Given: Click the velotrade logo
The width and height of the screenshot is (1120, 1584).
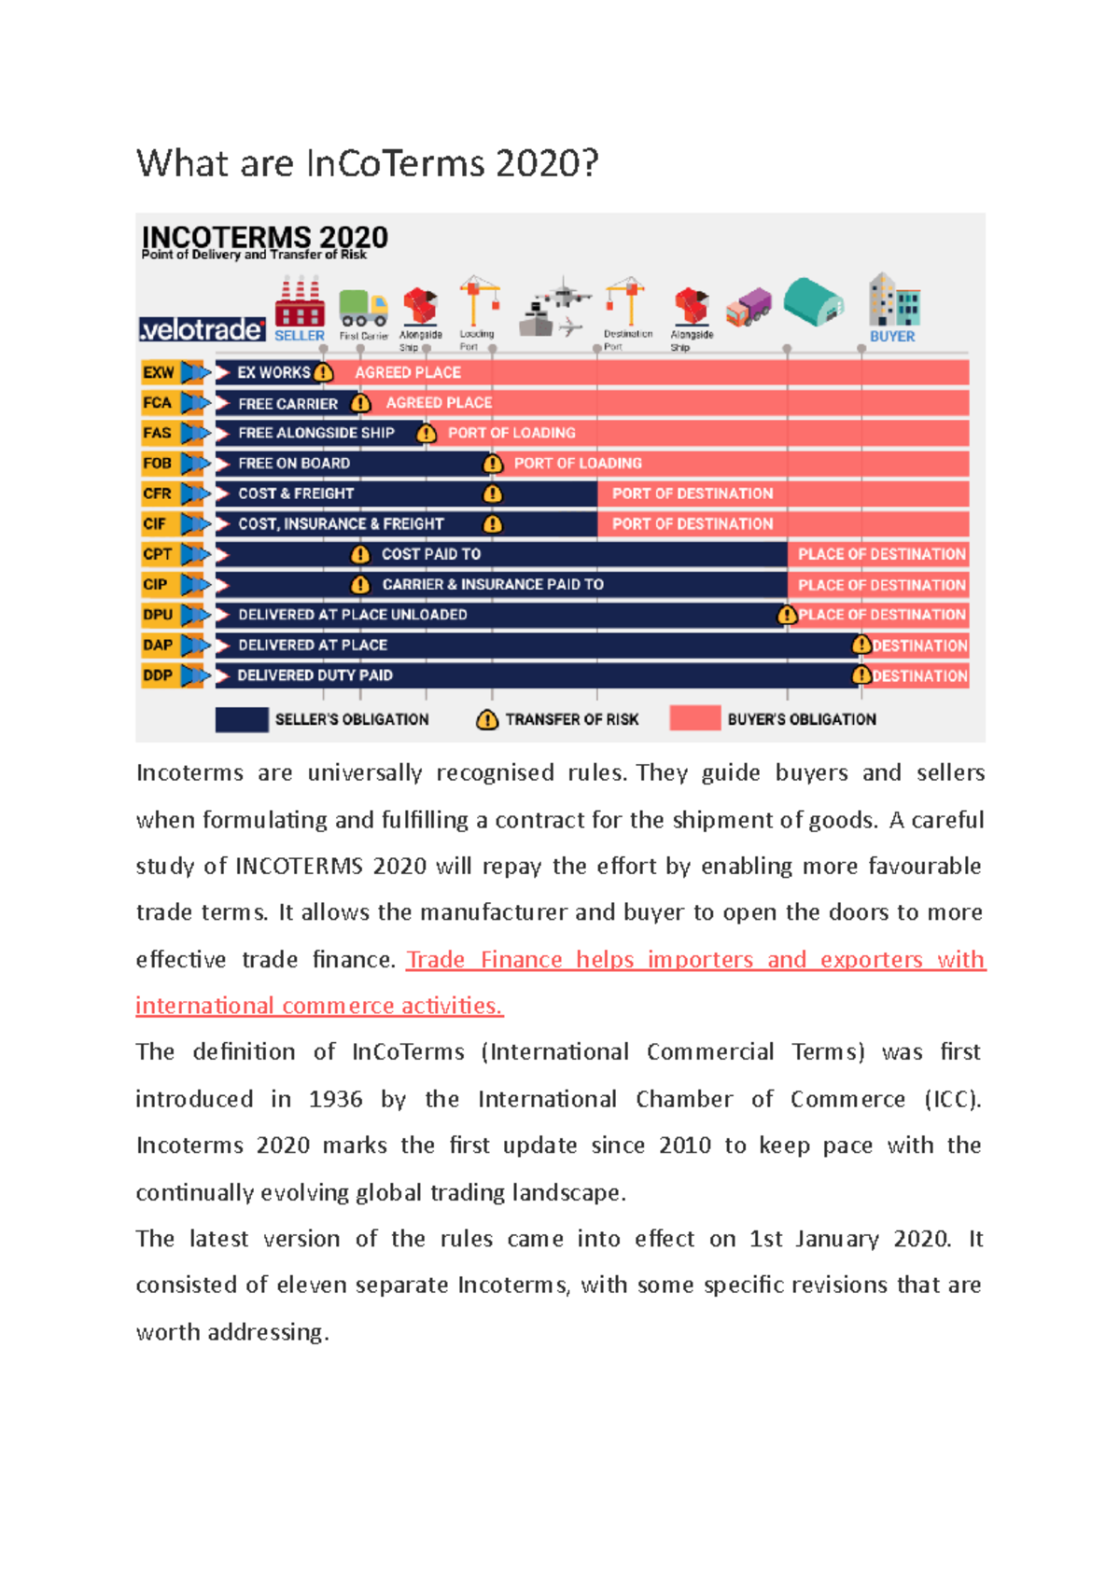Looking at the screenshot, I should pyautogui.click(x=202, y=329).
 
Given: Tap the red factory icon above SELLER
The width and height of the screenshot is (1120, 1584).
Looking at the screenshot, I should pyautogui.click(x=300, y=302).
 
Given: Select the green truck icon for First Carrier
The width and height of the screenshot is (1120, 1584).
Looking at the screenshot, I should pyautogui.click(x=363, y=307).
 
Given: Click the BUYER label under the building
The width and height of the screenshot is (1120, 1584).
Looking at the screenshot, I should pyautogui.click(x=892, y=336).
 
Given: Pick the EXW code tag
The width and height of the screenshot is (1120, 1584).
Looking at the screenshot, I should pyautogui.click(x=158, y=372).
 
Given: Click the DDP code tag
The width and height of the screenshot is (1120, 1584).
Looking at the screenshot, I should pyautogui.click(x=158, y=674).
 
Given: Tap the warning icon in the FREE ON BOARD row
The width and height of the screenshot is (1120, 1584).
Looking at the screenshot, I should pyautogui.click(x=493, y=464).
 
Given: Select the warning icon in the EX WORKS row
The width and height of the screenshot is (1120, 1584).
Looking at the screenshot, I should pyautogui.click(x=324, y=372).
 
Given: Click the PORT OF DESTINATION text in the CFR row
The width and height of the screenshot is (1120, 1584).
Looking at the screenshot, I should pyautogui.click(x=693, y=493).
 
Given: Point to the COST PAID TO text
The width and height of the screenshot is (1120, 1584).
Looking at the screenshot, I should pyautogui.click(x=431, y=554).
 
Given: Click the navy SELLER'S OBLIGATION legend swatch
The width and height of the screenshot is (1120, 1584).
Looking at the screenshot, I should pyautogui.click(x=242, y=719).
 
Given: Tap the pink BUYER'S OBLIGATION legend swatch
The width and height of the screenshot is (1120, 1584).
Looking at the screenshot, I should pyautogui.click(x=694, y=719).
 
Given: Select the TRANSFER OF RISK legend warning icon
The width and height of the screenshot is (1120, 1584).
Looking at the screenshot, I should pyautogui.click(x=487, y=719).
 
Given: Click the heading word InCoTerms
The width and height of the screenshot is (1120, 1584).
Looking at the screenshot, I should pyautogui.click(x=396, y=164).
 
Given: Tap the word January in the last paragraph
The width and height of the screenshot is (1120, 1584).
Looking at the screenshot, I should pyautogui.click(x=837, y=1239).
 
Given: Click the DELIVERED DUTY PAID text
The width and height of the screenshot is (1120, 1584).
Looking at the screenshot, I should pyautogui.click(x=315, y=675).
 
